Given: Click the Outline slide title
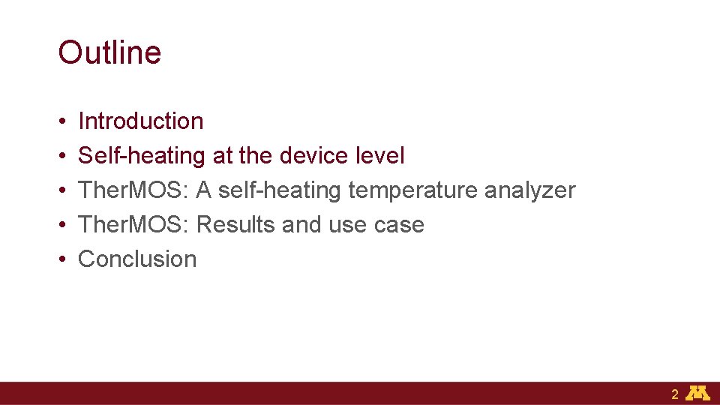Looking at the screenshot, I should click(x=109, y=52).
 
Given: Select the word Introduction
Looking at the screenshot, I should click(x=141, y=121).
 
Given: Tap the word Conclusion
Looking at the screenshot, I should click(x=137, y=259).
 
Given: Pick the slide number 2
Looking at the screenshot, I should click(x=675, y=394).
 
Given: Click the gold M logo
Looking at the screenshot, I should click(x=699, y=393).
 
